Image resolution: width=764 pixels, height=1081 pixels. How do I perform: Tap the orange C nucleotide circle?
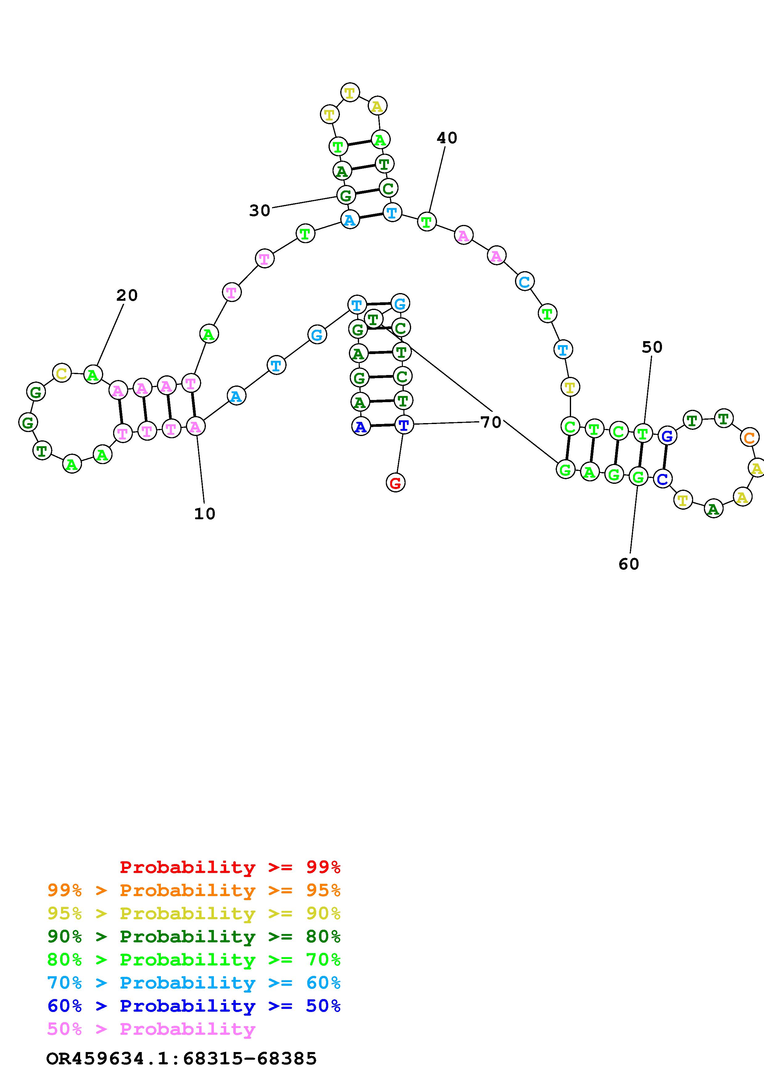click(x=749, y=438)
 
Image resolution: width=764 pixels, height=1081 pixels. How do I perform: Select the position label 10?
click(x=205, y=514)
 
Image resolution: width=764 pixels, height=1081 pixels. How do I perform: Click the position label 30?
click(x=259, y=210)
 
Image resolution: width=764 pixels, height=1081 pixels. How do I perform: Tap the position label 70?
click(x=491, y=422)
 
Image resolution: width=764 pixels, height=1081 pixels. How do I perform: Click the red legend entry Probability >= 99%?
click(x=230, y=867)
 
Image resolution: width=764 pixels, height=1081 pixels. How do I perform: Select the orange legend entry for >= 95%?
click(x=194, y=890)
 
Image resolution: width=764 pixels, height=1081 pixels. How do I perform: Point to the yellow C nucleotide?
click(x=62, y=374)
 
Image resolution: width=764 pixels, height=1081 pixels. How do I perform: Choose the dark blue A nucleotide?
click(x=361, y=427)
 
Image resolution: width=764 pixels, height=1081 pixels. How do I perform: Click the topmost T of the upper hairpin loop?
click(x=350, y=93)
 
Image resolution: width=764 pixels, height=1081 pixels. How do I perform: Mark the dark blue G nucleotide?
click(x=667, y=436)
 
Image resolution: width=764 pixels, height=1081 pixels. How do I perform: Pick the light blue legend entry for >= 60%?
click(x=194, y=983)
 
